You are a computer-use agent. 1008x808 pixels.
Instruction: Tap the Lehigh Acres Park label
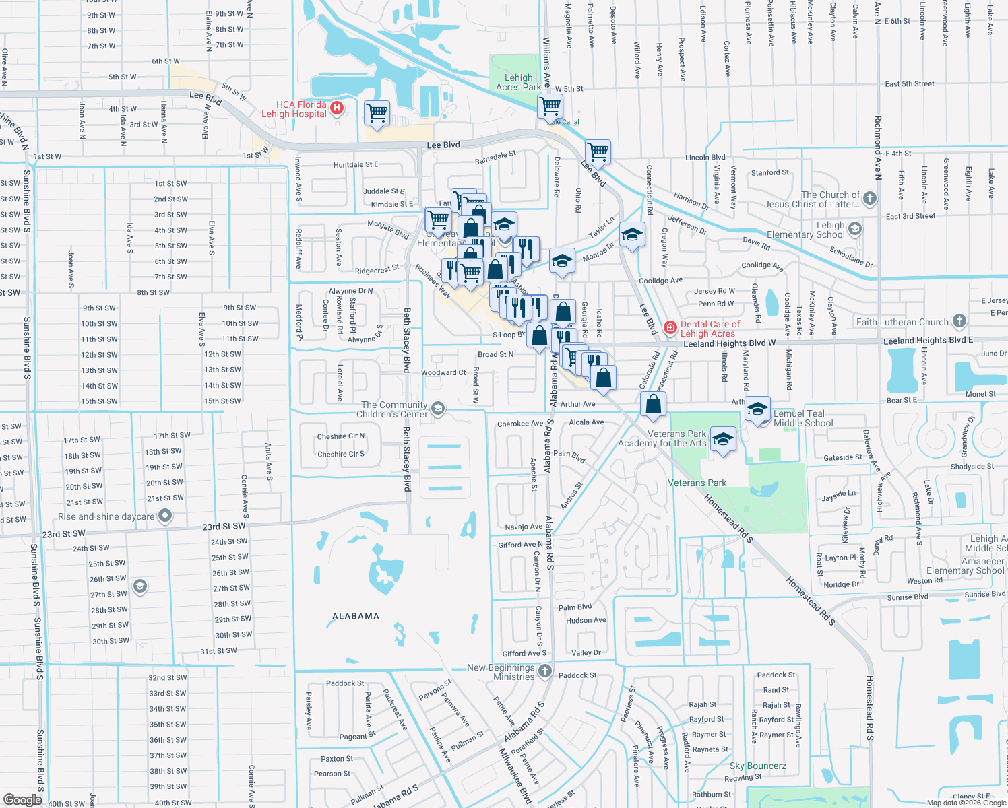tap(518, 82)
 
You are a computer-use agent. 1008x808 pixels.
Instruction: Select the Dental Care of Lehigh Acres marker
tap(670, 328)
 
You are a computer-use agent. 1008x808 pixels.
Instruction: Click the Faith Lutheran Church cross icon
tap(959, 321)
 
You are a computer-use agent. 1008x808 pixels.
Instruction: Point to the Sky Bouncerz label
tap(757, 766)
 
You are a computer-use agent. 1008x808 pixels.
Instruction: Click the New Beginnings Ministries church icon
tap(545, 671)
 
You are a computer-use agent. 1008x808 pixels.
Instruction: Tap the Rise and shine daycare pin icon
tap(165, 516)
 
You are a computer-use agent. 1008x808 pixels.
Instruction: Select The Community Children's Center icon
tap(438, 409)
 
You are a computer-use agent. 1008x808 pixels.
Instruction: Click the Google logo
tap(23, 799)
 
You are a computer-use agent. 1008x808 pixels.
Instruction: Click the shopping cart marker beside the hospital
tap(377, 112)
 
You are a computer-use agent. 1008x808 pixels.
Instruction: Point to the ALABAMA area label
tap(356, 616)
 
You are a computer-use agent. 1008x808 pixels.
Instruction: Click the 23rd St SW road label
tap(224, 527)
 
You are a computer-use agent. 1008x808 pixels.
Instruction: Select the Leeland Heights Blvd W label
tap(730, 343)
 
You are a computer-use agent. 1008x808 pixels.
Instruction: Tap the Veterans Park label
tap(697, 483)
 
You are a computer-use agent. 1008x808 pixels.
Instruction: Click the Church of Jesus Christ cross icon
tap(870, 198)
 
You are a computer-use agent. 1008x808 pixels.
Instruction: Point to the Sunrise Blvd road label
tap(908, 597)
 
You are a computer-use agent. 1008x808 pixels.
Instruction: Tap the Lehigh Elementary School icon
tap(855, 229)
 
